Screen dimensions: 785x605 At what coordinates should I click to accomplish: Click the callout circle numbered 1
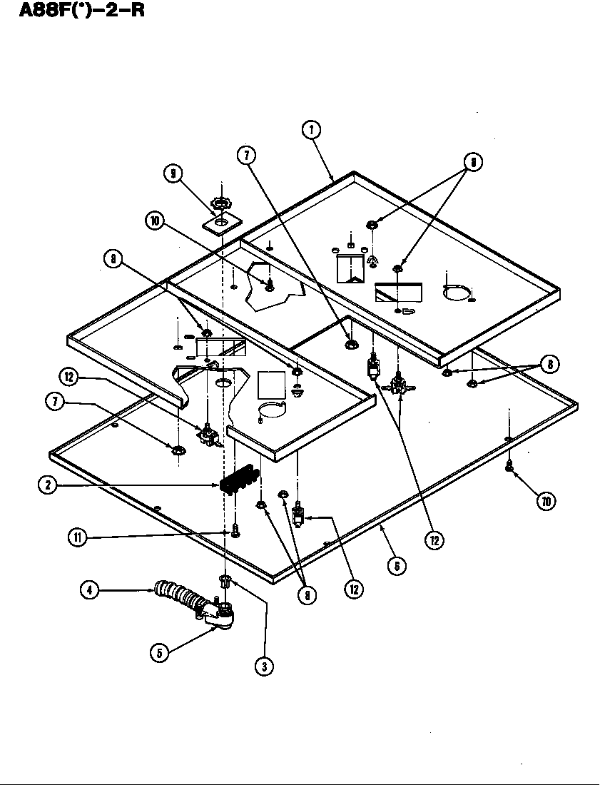coord(310,130)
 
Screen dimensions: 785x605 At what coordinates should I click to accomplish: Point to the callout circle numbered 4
coord(89,590)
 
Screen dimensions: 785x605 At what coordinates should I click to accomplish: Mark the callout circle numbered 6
coord(397,565)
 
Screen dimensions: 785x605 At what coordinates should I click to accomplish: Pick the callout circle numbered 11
coord(78,537)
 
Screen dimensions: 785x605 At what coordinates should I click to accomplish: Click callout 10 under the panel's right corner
coord(546,501)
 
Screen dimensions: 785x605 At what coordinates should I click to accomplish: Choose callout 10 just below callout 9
coord(155,221)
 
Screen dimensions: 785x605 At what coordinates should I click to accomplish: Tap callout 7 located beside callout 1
coord(248,154)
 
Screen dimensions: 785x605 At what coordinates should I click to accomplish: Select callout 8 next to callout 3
coord(306,594)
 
